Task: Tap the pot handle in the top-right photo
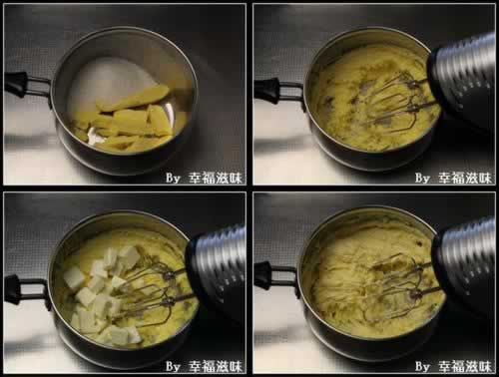tap(276, 91)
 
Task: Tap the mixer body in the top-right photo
tap(463, 82)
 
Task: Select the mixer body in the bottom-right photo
tap(466, 266)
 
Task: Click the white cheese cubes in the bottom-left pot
tap(103, 292)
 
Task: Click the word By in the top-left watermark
tap(173, 179)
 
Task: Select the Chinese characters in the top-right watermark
tap(465, 179)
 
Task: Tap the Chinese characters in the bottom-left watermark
tap(216, 366)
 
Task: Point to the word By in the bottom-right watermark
tap(422, 366)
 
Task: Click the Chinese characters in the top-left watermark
tap(216, 179)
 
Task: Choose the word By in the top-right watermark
tap(422, 179)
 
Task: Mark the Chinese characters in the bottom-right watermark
tap(465, 366)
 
